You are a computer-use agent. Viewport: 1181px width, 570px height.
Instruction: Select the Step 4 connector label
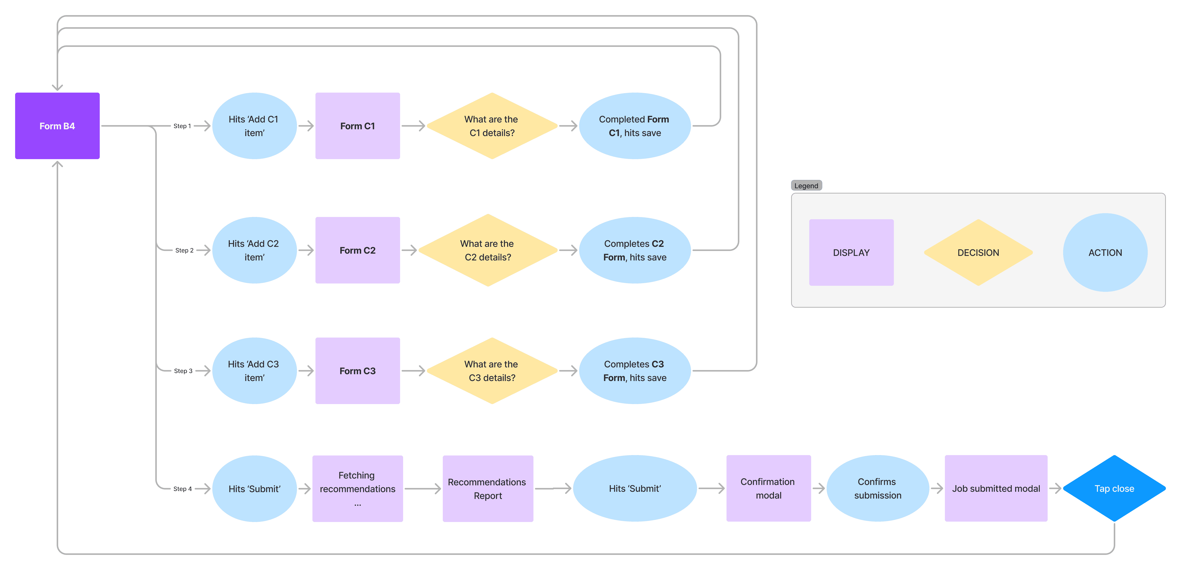pos(182,489)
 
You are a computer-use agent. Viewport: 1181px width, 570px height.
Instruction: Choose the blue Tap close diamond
pos(1114,488)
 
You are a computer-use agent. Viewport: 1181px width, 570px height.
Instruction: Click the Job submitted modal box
pos(996,488)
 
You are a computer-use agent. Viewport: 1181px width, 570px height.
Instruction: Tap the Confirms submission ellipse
pos(877,488)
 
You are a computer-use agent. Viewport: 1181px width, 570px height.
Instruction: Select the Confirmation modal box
pos(768,488)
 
